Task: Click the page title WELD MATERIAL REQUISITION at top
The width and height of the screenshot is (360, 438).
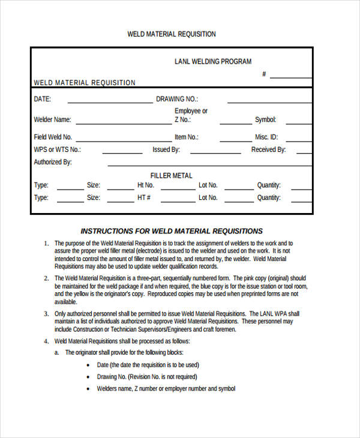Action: [172, 34]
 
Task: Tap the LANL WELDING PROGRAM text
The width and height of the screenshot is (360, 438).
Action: [213, 61]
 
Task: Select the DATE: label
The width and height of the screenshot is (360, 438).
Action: [43, 99]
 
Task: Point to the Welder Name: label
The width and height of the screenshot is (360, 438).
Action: [52, 119]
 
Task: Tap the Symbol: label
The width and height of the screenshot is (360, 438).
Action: [265, 119]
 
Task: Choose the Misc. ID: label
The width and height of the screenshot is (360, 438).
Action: [266, 137]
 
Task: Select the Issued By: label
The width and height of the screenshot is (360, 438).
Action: [166, 149]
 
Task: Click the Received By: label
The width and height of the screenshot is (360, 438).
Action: [268, 149]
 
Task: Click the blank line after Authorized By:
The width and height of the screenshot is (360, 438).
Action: [209, 165]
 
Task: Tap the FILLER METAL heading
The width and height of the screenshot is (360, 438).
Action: [172, 176]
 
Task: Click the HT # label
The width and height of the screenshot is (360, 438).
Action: [144, 197]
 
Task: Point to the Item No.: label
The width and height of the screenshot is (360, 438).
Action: [187, 137]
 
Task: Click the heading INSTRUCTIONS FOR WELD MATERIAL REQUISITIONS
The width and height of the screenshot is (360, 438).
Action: [172, 231]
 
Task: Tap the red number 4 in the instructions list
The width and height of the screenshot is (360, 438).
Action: [46, 341]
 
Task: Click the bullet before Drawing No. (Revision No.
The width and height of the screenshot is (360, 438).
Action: [88, 377]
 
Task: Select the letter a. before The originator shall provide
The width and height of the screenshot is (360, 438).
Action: [57, 353]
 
